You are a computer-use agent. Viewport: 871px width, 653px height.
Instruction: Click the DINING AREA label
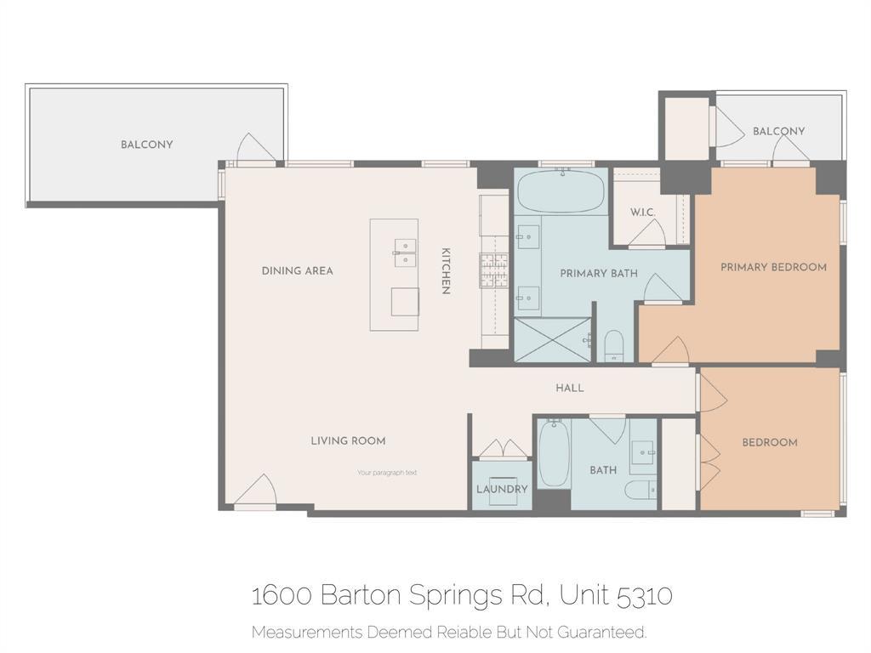(297, 271)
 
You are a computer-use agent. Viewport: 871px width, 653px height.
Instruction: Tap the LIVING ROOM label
(348, 440)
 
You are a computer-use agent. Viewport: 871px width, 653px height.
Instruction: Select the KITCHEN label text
(445, 271)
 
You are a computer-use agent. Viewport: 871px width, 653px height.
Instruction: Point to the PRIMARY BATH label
(599, 274)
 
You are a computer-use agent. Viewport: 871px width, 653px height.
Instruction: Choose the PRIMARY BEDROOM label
(773, 267)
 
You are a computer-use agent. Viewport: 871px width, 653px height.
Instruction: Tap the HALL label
(570, 388)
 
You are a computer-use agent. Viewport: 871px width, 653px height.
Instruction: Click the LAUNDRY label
(502, 490)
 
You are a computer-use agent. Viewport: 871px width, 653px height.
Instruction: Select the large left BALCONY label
(146, 145)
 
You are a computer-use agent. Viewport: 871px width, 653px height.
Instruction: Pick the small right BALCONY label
(778, 132)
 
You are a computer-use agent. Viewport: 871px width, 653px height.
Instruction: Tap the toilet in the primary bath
(613, 345)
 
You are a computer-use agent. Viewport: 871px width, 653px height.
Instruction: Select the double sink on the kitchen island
(405, 253)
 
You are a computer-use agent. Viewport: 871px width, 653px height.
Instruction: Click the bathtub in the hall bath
(553, 455)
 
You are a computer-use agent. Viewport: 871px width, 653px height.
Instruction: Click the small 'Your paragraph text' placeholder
(387, 473)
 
